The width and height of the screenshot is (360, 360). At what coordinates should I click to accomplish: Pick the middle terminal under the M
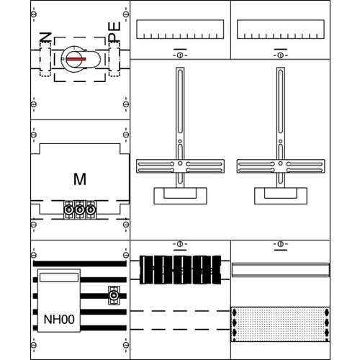coord(80,211)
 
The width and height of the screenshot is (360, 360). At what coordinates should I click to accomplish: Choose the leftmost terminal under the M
coord(70,211)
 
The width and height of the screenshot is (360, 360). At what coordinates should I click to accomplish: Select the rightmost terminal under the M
coord(90,211)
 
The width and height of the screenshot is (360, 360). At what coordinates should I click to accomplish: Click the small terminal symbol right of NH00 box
coord(112,294)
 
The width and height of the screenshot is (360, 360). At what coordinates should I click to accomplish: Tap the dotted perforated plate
coord(279,325)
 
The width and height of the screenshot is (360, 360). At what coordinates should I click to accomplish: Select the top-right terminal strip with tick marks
coord(280,30)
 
